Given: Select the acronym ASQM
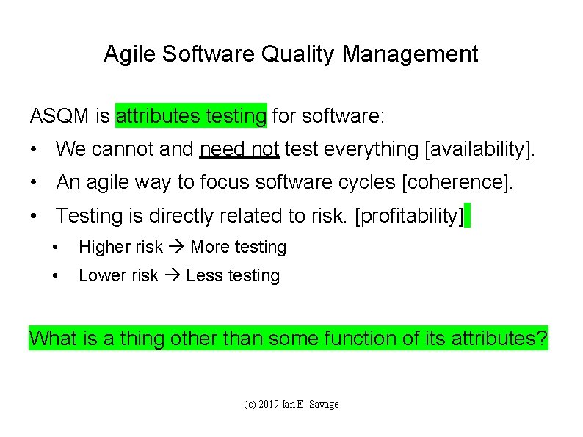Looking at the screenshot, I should click(61, 116).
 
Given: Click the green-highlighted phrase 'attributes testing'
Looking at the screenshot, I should click(191, 116).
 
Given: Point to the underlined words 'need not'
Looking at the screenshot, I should click(239, 150).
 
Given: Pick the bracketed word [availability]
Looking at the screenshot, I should click(481, 150).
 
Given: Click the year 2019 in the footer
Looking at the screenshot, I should click(270, 405).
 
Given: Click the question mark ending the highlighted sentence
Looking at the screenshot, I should click(542, 339).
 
